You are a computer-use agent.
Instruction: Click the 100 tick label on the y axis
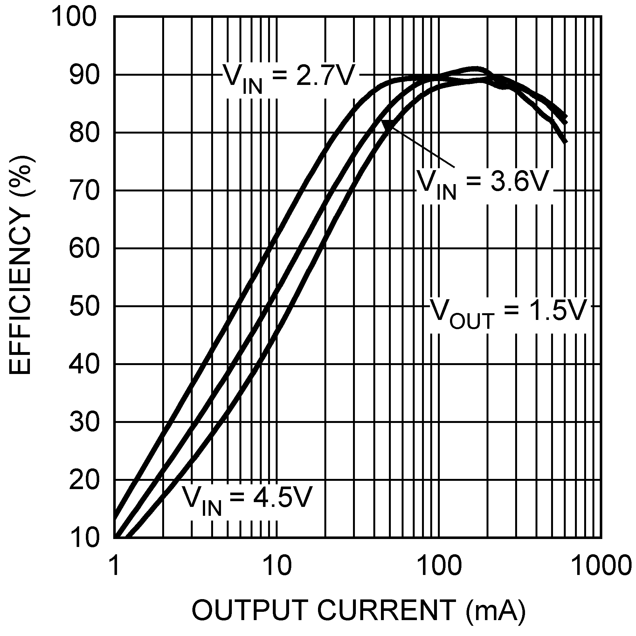pos(75,17)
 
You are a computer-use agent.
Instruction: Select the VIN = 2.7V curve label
pos(289,78)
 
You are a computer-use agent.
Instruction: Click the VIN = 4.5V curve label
pos(247,499)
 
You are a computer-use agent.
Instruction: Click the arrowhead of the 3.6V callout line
pos(388,125)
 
